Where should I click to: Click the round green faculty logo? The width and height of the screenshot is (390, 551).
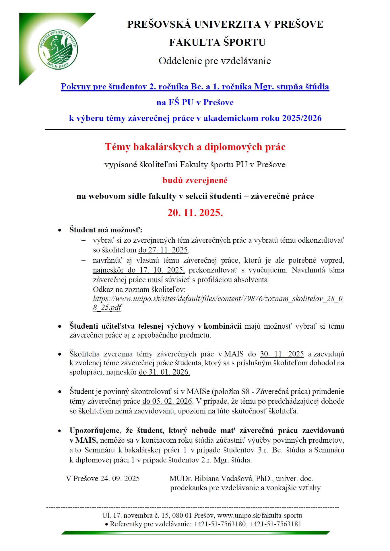[58, 49]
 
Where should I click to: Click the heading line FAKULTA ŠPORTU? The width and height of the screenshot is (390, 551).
[217, 42]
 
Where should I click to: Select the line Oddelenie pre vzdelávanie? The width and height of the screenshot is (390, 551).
[215, 61]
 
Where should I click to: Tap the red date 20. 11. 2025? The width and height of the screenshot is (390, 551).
[195, 213]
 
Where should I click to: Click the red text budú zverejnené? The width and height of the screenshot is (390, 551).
[195, 180]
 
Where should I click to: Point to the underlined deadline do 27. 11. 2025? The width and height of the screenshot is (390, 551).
[163, 250]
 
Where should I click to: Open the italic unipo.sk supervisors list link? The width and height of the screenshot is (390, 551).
[218, 299]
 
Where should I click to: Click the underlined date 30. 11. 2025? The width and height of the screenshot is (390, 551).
[282, 354]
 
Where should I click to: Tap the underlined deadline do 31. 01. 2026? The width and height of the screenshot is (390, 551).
[164, 372]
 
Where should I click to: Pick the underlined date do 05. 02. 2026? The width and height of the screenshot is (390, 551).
[168, 401]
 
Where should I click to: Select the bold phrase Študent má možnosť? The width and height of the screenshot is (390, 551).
[106, 230]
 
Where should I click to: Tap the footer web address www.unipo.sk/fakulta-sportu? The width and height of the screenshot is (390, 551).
[259, 515]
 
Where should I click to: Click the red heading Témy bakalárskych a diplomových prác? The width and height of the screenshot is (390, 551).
[195, 147]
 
